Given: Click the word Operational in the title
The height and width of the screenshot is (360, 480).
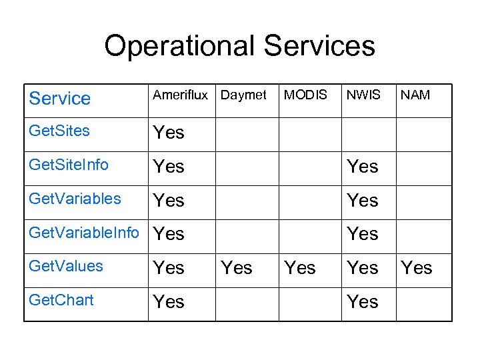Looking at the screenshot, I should tap(179, 47).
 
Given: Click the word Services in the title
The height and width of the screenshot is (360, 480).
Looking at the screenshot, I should tap(319, 47).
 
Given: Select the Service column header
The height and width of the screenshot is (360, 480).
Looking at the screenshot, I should tap(60, 99).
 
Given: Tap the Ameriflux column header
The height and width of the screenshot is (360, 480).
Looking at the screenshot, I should tap(180, 95).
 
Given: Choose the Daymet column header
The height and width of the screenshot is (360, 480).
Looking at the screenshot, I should tap(243, 95).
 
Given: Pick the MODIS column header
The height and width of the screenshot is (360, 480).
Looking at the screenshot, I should tap(305, 95).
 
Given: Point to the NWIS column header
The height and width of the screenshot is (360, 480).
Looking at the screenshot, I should tap(363, 95).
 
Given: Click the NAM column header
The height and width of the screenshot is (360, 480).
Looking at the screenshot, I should tap(415, 95).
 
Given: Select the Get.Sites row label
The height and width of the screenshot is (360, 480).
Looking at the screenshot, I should tap(59, 131).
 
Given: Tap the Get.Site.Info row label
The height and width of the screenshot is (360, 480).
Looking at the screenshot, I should tap(69, 165).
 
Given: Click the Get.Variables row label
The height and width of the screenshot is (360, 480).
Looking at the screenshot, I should tap(75, 199).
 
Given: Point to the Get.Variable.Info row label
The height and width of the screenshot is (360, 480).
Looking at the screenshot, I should tap(84, 233).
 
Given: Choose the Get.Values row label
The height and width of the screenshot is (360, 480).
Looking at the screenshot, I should tap(66, 266).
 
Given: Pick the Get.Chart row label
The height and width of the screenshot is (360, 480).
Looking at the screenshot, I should tap(61, 300).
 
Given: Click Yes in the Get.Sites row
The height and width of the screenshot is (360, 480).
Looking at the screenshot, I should tap(169, 133).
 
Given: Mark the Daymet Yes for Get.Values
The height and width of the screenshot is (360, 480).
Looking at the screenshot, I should tap(237, 268).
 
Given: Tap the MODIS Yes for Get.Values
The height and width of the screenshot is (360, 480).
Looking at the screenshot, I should tap(300, 268).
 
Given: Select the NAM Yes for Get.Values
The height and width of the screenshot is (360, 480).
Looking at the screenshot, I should tap(417, 268).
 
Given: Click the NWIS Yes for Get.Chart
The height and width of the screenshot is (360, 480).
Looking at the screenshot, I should tap(363, 302).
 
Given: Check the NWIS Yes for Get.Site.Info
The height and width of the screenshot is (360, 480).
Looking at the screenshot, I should tap(363, 167).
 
